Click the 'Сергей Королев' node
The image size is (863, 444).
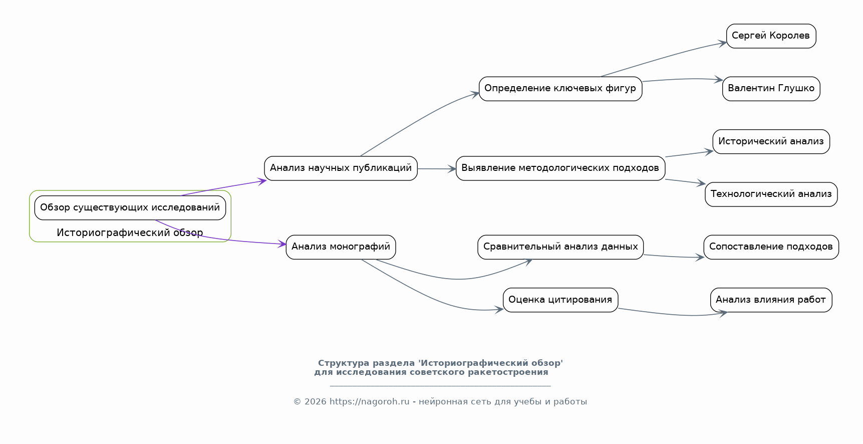coord(771,36)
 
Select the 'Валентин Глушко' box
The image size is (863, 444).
coord(771,89)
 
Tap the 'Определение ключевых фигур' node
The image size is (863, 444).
coord(560,89)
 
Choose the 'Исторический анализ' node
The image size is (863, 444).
coord(771,142)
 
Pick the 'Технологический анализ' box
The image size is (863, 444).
coord(771,194)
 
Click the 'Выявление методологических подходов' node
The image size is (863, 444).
coord(560,168)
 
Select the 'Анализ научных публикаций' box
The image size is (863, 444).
coord(341,168)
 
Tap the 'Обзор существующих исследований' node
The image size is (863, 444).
coord(130,207)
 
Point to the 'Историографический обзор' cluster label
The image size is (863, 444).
coord(130,233)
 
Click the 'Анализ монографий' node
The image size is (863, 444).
coord(341,247)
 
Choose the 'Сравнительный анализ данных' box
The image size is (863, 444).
coord(560,247)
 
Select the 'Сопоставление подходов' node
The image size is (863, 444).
coord(771,247)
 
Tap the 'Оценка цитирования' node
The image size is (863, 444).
coord(560,300)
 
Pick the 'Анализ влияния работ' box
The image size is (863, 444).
coord(771,300)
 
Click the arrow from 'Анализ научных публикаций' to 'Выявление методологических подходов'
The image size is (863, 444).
coord(437,169)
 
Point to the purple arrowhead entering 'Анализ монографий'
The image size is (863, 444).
coord(282,244)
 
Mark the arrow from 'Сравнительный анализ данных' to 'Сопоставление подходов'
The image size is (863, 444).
coord(674,257)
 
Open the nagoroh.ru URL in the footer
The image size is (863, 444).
coord(370,401)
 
